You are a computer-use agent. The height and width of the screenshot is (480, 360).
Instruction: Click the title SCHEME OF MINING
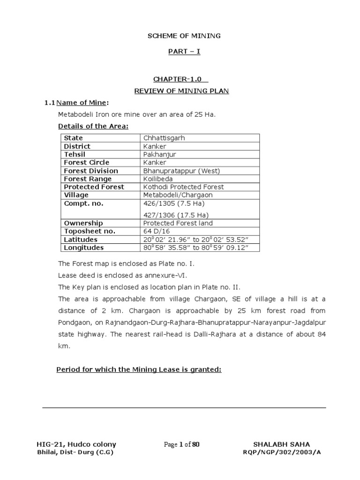click(x=184, y=36)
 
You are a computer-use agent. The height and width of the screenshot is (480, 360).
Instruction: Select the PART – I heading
click(x=184, y=51)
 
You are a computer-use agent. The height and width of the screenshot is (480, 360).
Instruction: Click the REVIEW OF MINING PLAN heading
click(x=181, y=91)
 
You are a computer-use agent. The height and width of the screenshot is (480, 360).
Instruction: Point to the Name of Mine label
click(x=84, y=103)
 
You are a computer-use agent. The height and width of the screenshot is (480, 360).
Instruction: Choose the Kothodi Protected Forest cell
click(x=183, y=187)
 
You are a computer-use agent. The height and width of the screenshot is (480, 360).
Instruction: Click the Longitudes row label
click(x=84, y=247)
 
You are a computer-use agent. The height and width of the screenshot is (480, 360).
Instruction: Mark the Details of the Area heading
click(x=93, y=126)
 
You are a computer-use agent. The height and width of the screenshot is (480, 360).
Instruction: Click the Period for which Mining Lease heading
click(x=139, y=369)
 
